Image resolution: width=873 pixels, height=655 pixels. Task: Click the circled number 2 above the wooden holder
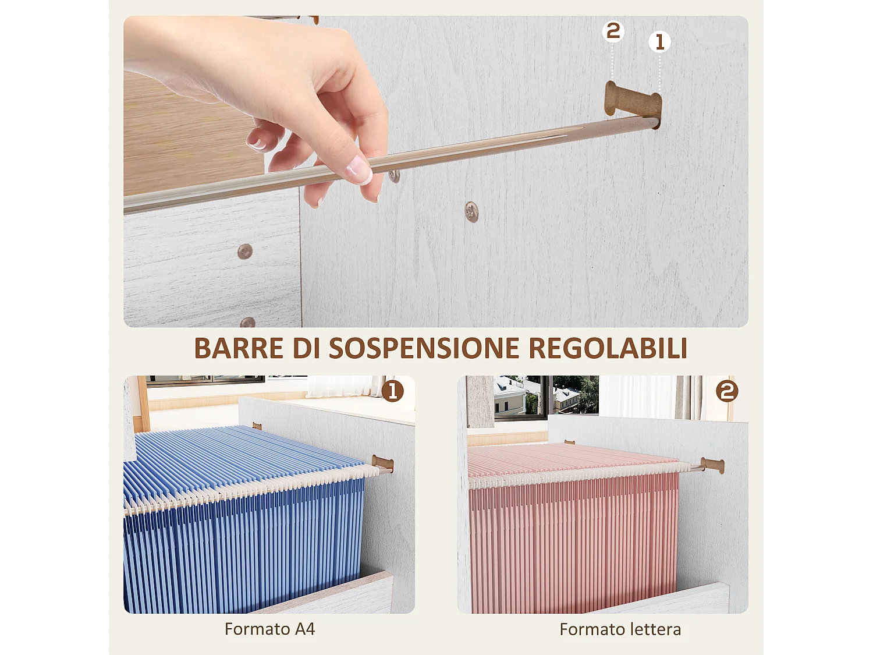613,31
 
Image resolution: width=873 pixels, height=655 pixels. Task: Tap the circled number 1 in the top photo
659,42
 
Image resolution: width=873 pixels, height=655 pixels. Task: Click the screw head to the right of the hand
471,212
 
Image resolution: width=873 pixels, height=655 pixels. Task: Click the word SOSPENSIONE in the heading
424,349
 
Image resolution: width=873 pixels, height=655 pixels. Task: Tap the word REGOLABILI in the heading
608,349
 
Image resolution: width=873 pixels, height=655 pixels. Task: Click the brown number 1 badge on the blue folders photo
393,391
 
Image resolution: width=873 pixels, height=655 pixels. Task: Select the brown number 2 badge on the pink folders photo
727,391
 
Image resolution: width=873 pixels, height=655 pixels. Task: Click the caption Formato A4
269,629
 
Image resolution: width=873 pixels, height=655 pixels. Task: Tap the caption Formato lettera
620,629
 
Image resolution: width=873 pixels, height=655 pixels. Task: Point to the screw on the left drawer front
245,252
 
